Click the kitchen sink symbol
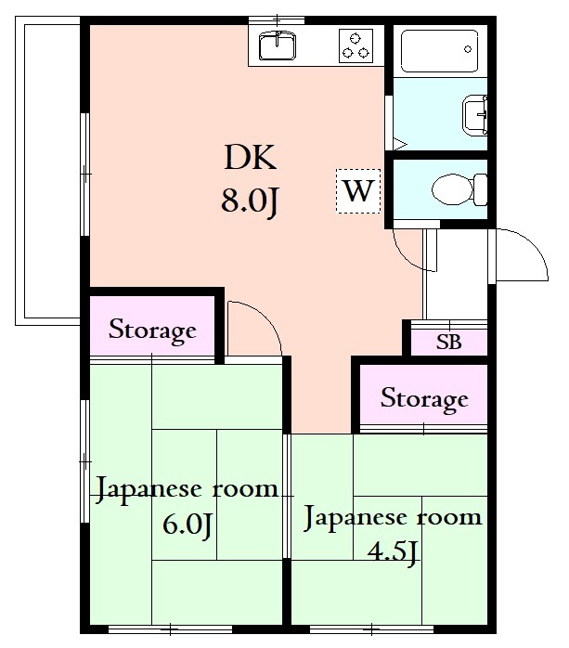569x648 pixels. pos(276,44)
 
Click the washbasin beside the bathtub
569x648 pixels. pos(475,115)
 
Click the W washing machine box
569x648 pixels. pos(357,191)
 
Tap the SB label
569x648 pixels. pos(448,342)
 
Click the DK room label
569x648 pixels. pos(250,160)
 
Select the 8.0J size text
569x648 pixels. pos(250,201)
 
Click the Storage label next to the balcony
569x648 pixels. pos(153,330)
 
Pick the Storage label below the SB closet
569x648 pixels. pos(424,399)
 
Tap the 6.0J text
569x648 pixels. pos(188,525)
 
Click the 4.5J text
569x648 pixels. pos(394,551)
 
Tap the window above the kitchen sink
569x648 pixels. pos(277,19)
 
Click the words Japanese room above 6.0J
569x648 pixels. pos(188,488)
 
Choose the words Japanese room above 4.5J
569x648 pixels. pos(394,516)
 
